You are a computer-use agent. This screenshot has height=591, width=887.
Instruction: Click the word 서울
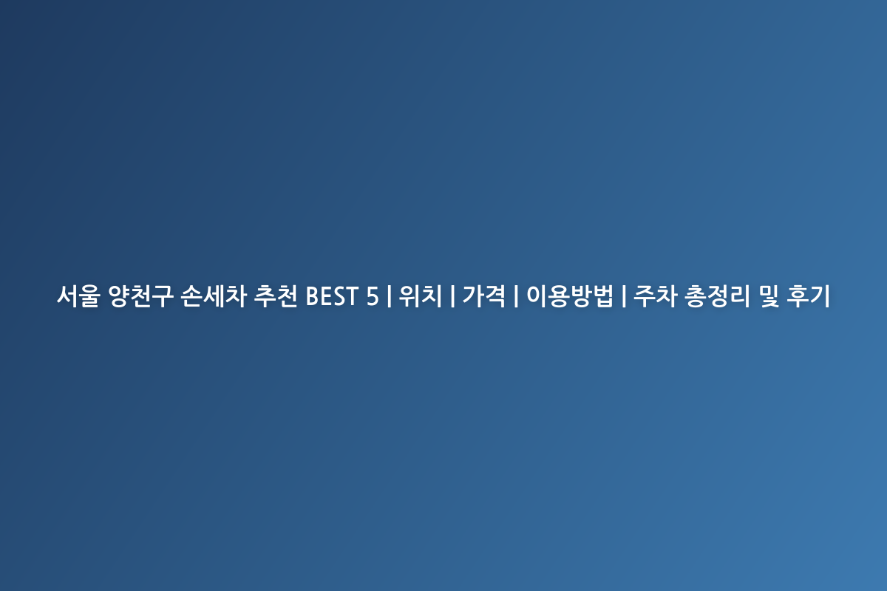pyautogui.click(x=78, y=295)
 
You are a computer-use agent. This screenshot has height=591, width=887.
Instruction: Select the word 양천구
pyautogui.click(x=140, y=295)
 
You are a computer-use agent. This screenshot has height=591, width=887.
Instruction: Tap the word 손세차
pyautogui.click(x=214, y=295)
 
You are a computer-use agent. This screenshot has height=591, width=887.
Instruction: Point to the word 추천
pyautogui.click(x=276, y=295)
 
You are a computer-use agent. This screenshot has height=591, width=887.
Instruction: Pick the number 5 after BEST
pyautogui.click(x=373, y=296)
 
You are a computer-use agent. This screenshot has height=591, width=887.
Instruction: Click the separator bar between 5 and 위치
pyautogui.click(x=390, y=295)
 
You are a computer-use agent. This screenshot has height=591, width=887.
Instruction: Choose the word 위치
pyautogui.click(x=420, y=295)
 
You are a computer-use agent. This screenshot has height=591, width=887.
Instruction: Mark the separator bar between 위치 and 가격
pyautogui.click(x=452, y=295)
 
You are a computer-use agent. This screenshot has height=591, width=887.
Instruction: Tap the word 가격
pyautogui.click(x=484, y=295)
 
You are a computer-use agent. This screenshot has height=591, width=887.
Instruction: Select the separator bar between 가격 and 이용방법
pyautogui.click(x=516, y=295)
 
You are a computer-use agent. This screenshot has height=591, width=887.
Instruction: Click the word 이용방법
pyautogui.click(x=570, y=295)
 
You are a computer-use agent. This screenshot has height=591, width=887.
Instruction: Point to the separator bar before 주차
pyautogui.click(x=624, y=295)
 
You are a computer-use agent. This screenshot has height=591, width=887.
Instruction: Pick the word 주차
pyautogui.click(x=655, y=295)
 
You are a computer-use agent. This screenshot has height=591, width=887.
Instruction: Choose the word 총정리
pyautogui.click(x=717, y=295)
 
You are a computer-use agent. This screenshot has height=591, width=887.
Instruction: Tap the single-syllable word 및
pyautogui.click(x=769, y=295)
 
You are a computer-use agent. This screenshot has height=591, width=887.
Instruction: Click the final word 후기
pyautogui.click(x=808, y=295)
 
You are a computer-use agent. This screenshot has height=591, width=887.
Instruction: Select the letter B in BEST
pyautogui.click(x=313, y=296)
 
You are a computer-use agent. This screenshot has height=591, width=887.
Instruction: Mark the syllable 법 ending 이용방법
pyautogui.click(x=602, y=295)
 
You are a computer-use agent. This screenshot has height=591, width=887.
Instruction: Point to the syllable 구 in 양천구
pyautogui.click(x=163, y=295)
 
